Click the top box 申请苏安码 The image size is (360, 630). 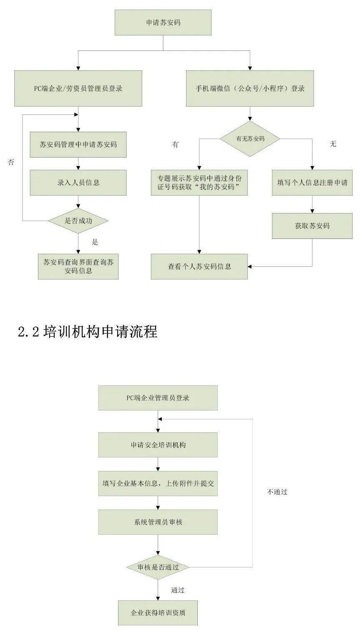(163, 23)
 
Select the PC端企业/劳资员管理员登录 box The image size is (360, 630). (78, 88)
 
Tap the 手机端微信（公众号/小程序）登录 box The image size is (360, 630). (250, 88)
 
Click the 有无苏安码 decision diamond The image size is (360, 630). (250, 139)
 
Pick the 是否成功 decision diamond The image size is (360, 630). (78, 221)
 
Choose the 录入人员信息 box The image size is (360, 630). (78, 183)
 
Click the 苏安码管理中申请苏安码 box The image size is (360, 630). (78, 145)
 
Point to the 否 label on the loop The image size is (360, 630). (11, 162)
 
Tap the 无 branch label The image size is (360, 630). (333, 144)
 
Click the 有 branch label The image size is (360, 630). (175, 144)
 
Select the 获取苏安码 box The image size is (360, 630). (312, 226)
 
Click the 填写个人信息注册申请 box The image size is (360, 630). (312, 183)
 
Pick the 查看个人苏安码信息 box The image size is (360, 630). (199, 266)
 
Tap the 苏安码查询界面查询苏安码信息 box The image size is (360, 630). (78, 266)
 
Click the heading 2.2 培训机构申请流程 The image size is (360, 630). (88, 331)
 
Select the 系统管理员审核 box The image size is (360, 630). (158, 522)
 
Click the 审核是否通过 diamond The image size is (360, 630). (158, 567)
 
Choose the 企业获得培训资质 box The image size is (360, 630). (158, 613)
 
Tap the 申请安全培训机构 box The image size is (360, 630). (158, 445)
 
